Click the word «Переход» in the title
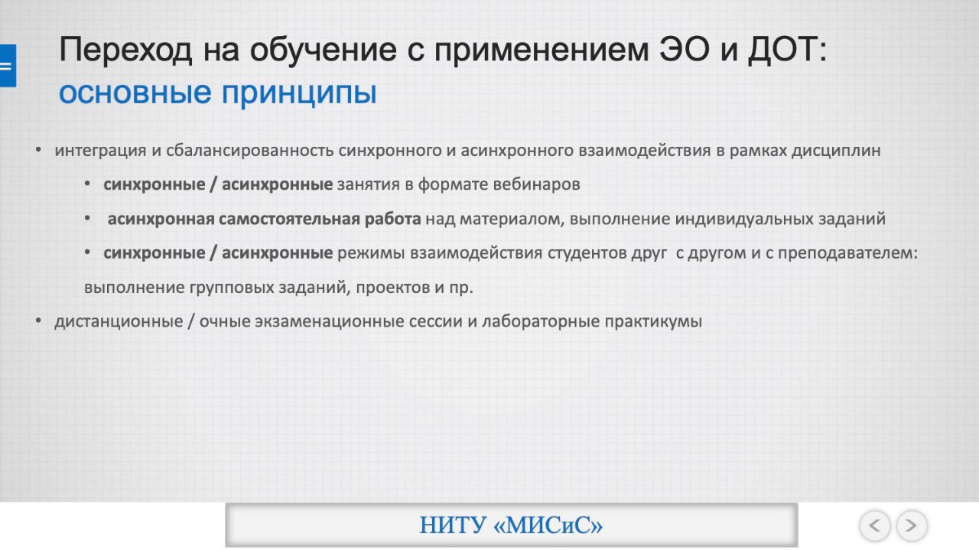pos(125,50)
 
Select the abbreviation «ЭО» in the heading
pos(685,49)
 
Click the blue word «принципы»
pos(299,93)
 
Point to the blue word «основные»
pos(135,93)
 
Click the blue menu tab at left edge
pos(8,66)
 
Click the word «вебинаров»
pos(536,184)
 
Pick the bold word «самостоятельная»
pos(289,219)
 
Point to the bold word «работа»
pos(392,219)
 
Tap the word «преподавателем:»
pos(848,253)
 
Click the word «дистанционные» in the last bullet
pos(119,322)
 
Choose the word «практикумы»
pos(653,322)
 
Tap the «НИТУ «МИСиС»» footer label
pos(511,525)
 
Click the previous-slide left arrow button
pos(874,525)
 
